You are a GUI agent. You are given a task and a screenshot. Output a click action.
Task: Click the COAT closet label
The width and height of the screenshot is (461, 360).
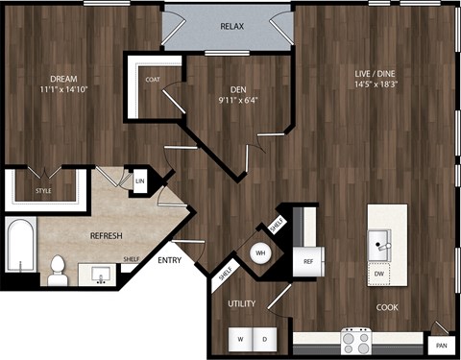point(154,81)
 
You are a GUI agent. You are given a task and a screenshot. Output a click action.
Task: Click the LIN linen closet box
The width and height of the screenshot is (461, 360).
point(140,180)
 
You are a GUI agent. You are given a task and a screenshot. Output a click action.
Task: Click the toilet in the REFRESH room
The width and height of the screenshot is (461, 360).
point(58,270)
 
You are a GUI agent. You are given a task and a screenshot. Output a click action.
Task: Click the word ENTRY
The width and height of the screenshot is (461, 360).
point(169,260)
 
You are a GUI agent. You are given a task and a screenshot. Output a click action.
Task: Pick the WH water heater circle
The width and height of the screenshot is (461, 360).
point(259,253)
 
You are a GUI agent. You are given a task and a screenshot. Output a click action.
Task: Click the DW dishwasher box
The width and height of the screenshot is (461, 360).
point(382,273)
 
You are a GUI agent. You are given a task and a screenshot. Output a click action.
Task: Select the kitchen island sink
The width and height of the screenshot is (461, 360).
point(381,241)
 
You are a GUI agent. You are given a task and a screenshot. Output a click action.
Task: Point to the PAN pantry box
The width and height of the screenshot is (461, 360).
point(441,345)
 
